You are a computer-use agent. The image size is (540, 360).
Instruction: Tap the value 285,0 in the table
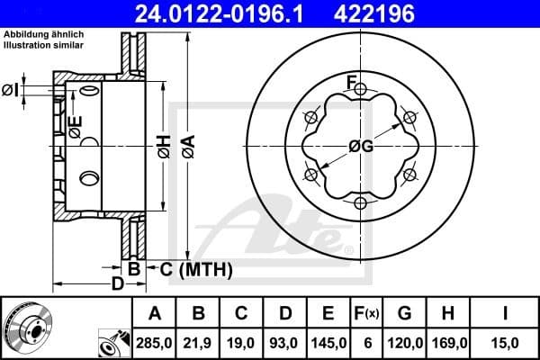pyautogui.click(x=154, y=344)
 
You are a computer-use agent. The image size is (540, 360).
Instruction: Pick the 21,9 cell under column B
pyautogui.click(x=199, y=344)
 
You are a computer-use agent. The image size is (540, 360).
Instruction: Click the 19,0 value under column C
pyautogui.click(x=242, y=344)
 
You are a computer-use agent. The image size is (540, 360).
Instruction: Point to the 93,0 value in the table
pyautogui.click(x=285, y=344)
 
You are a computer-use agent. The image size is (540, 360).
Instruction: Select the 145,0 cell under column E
pyautogui.click(x=328, y=344)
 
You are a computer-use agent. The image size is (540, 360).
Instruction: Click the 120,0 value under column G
pyautogui.click(x=404, y=344)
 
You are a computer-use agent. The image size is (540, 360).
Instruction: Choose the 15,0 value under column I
pyautogui.click(x=505, y=344)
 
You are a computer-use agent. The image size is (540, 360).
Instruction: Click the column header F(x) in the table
pyautogui.click(x=366, y=314)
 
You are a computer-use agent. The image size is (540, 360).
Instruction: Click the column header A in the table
pyautogui.click(x=154, y=314)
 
